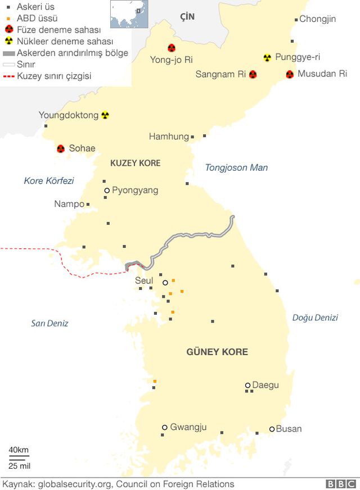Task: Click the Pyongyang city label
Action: click(135, 190)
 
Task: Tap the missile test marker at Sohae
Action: click(61, 149)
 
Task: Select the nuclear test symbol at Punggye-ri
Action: click(267, 57)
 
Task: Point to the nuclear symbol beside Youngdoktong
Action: click(105, 115)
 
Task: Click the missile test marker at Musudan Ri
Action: click(290, 74)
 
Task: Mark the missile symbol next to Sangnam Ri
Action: click(253, 74)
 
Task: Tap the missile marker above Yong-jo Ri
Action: click(171, 48)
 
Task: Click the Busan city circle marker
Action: click(272, 429)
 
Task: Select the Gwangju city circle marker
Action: click(165, 427)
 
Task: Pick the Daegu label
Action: click(265, 385)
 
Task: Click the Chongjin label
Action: click(317, 19)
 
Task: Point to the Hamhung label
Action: click(169, 137)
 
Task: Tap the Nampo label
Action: click(69, 204)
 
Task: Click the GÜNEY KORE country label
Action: click(217, 352)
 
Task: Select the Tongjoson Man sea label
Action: click(236, 167)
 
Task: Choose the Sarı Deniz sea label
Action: click(49, 323)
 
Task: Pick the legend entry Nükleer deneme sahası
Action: click(65, 41)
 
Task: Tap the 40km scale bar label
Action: click(19, 450)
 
